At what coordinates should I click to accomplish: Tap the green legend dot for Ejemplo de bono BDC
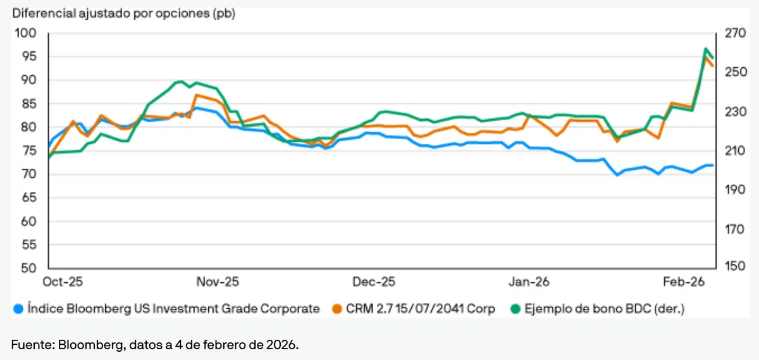[516, 309]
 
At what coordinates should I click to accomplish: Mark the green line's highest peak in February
[706, 49]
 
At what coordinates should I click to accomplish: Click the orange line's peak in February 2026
[707, 56]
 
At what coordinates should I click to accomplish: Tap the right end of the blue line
[713, 165]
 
